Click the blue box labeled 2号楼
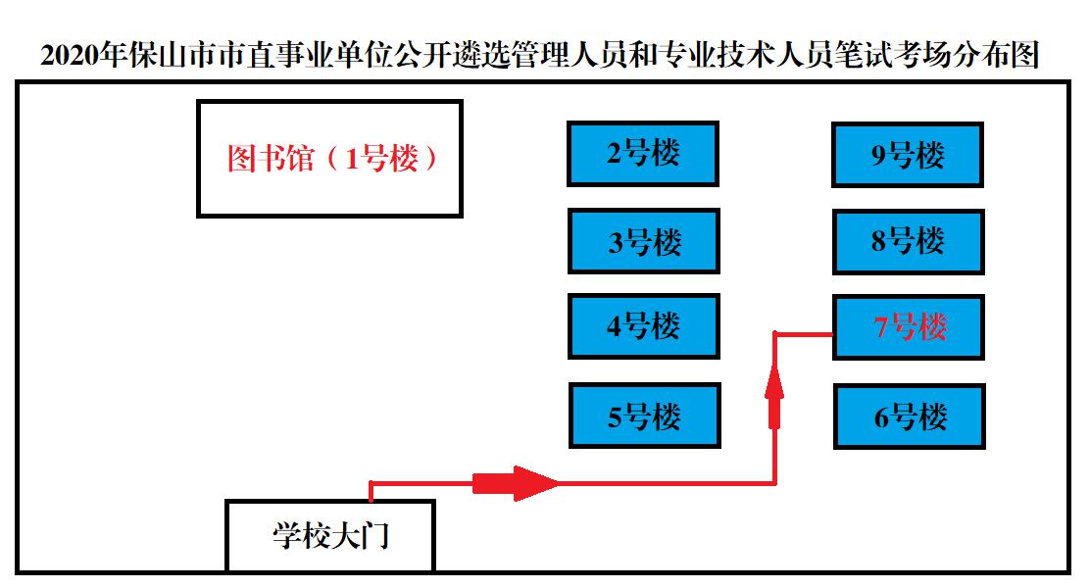pyautogui.click(x=643, y=154)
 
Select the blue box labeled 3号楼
pyautogui.click(x=643, y=241)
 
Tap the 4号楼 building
pyautogui.click(x=643, y=325)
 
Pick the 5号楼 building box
pyautogui.click(x=644, y=416)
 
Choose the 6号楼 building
pyautogui.click(x=909, y=416)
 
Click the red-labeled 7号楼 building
pyautogui.click(x=909, y=326)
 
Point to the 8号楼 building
pyautogui.click(x=909, y=241)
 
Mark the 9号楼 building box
pyautogui.click(x=907, y=155)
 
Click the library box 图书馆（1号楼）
pyautogui.click(x=329, y=159)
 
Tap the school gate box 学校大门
pyautogui.click(x=329, y=536)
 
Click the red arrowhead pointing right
pyautogui.click(x=534, y=482)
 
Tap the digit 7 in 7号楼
pyautogui.click(x=880, y=327)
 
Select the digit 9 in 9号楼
pyautogui.click(x=878, y=156)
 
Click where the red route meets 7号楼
pyautogui.click(x=832, y=334)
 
